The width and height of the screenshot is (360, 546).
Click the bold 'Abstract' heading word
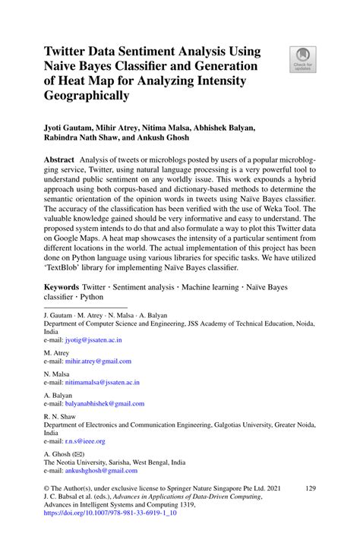pyautogui.click(x=59, y=162)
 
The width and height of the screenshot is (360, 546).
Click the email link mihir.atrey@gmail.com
pyautogui.click(x=98, y=361)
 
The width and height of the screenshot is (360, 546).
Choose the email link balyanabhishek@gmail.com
pyautogui.click(x=105, y=404)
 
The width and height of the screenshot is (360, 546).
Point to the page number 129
pyautogui.click(x=308, y=491)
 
